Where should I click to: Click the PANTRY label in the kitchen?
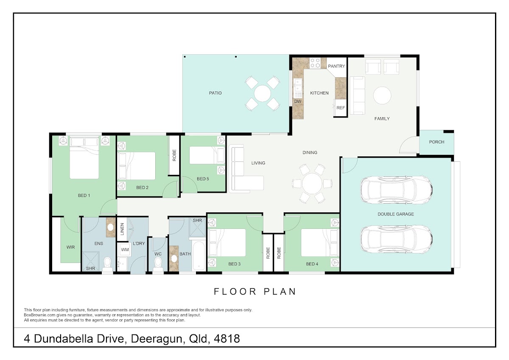[x=336, y=66]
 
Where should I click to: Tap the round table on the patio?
[x=263, y=93]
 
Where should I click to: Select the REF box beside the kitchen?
[x=340, y=108]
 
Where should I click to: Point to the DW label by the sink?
[x=298, y=101]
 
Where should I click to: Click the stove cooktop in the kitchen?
[x=315, y=63]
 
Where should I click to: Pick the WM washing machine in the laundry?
[x=125, y=250]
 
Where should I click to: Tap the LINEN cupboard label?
[x=122, y=229]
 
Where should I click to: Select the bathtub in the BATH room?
[x=199, y=256]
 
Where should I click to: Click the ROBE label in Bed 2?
[x=174, y=155]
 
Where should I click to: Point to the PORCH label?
[x=436, y=142]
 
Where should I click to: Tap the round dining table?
[x=312, y=183]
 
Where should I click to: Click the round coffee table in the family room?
[x=382, y=96]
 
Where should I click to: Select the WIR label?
[x=70, y=247]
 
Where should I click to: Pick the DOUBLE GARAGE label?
[x=396, y=214]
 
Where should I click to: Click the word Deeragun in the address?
[x=157, y=339]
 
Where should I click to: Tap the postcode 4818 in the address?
[x=227, y=339]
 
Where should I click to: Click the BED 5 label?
[x=203, y=179]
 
